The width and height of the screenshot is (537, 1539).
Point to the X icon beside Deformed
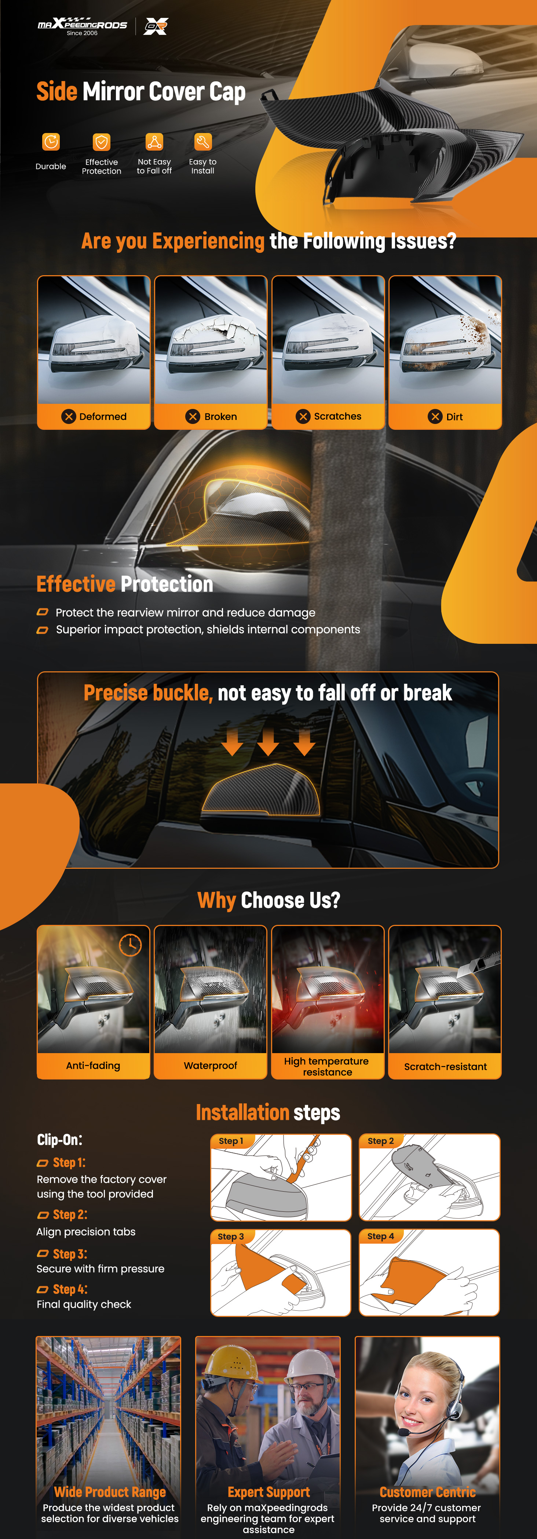coord(69,416)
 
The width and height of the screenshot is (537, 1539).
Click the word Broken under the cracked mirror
coord(221,416)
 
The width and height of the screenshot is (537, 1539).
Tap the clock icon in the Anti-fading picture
coord(130,945)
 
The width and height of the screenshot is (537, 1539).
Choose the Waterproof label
coord(211,1065)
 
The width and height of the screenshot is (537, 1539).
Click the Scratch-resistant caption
coord(446,1066)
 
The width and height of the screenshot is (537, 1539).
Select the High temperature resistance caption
coord(327,1066)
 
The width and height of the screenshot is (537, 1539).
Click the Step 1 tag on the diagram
coord(231,1140)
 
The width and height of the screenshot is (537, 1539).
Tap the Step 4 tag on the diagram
coord(381,1236)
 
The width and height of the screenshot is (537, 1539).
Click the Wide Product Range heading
coord(110,1492)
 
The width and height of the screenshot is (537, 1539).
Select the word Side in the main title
coord(57,91)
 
